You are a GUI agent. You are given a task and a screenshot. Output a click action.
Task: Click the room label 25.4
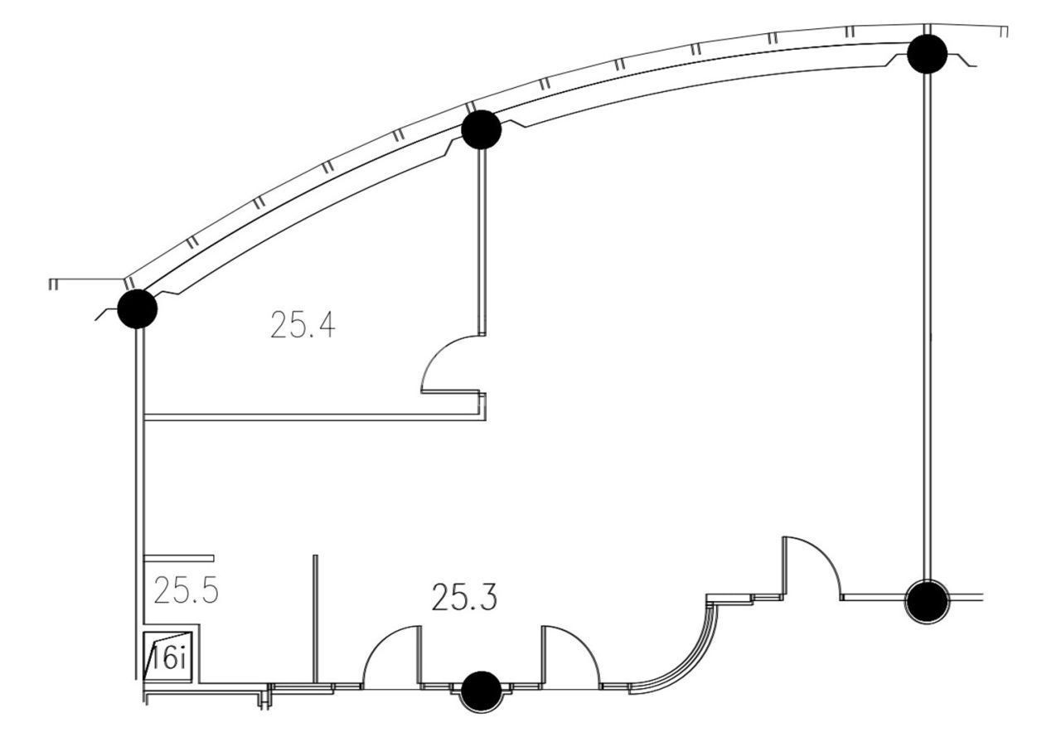click(303, 324)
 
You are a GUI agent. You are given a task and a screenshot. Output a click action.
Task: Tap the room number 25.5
click(187, 590)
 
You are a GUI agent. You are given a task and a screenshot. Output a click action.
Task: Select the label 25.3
click(465, 597)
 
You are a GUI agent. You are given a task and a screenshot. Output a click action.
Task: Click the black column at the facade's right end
click(927, 54)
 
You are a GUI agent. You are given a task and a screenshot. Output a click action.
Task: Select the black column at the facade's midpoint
click(481, 129)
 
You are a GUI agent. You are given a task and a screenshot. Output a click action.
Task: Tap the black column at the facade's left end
click(138, 309)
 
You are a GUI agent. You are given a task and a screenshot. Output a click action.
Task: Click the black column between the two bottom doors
click(481, 691)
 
